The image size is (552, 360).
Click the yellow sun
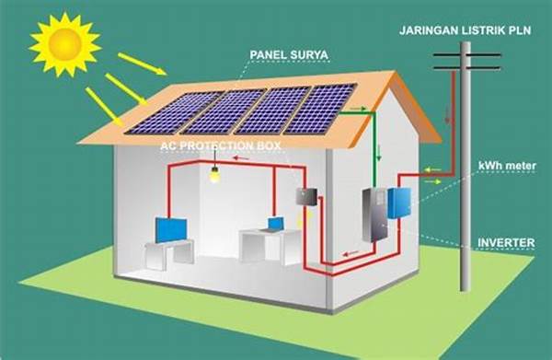pos(64,42)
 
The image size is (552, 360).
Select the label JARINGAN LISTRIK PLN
pos(466,29)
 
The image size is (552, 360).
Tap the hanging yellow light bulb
pos(216,173)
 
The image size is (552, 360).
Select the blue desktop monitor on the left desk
pos(169,228)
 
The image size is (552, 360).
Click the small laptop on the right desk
pos(275,223)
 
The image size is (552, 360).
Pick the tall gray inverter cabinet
pos(374,214)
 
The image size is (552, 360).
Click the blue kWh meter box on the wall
pos(398,202)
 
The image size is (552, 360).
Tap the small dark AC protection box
pos(305,196)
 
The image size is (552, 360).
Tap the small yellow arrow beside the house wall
pos(431,182)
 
